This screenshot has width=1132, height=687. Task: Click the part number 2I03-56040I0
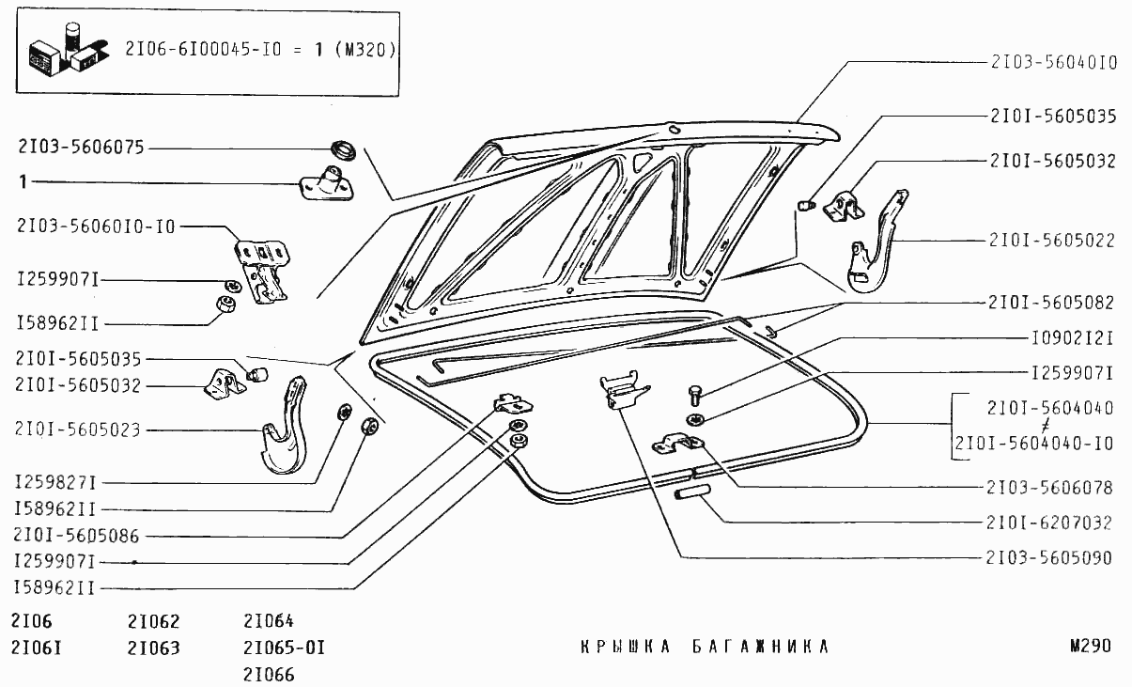tap(1052, 63)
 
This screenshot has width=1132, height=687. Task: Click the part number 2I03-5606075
tap(80, 148)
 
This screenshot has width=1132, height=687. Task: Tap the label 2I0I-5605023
tap(78, 430)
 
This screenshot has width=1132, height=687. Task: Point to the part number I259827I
tap(57, 483)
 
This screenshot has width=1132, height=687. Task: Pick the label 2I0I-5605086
tap(78, 536)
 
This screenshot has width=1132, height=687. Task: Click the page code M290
tap(1090, 647)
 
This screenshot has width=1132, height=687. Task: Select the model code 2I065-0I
tap(284, 648)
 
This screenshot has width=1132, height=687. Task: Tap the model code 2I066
tap(269, 674)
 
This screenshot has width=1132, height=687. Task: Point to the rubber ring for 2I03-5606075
tap(343, 148)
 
